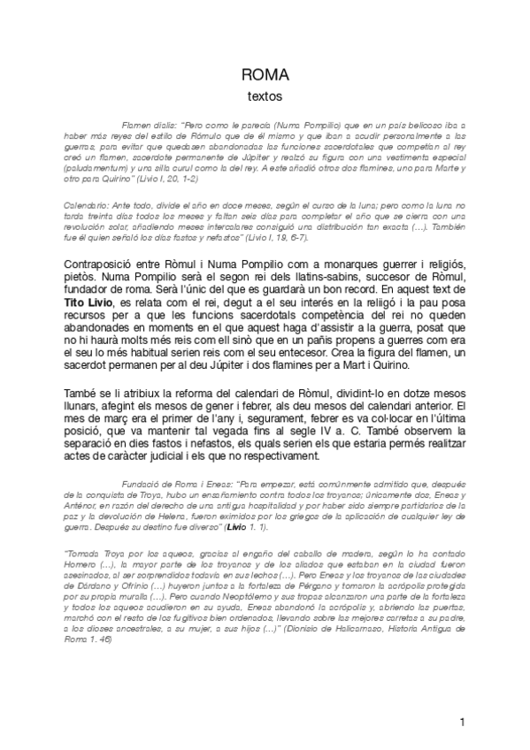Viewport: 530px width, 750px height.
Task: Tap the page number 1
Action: click(x=463, y=723)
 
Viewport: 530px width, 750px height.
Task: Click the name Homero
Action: click(x=81, y=562)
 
